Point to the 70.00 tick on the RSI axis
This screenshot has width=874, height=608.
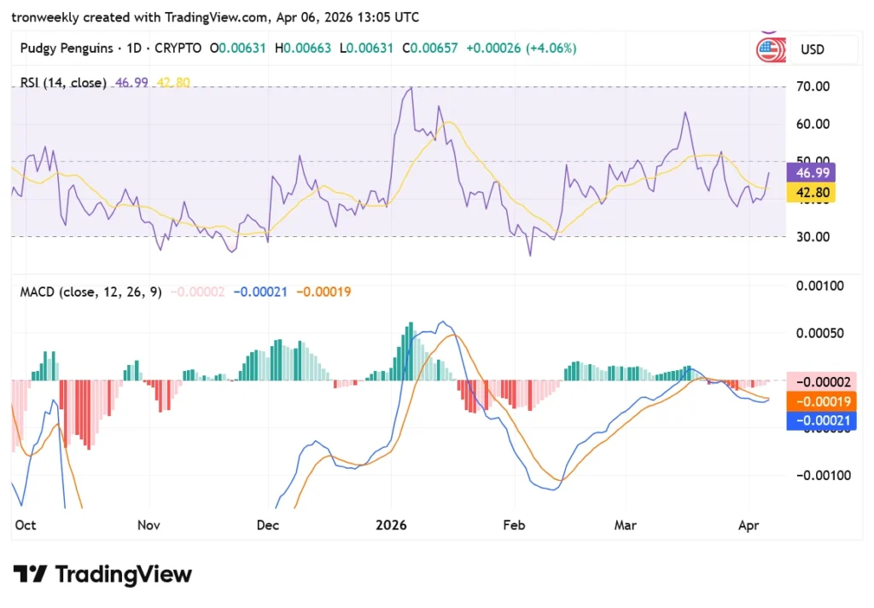tap(813, 86)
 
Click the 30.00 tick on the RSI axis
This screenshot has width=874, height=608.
tap(813, 237)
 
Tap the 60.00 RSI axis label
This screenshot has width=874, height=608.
tap(813, 124)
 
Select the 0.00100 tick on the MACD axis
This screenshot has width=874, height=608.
tap(819, 286)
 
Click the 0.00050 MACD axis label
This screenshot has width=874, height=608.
tap(819, 333)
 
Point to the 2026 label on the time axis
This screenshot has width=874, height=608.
tap(393, 525)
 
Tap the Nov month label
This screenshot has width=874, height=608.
tap(149, 525)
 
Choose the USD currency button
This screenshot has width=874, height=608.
tap(813, 49)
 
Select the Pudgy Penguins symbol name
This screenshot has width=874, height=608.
tap(66, 49)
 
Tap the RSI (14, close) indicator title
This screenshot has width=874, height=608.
tap(63, 83)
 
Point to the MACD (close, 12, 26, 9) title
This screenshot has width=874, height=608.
tap(90, 292)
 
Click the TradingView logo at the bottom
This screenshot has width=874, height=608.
tap(102, 574)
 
